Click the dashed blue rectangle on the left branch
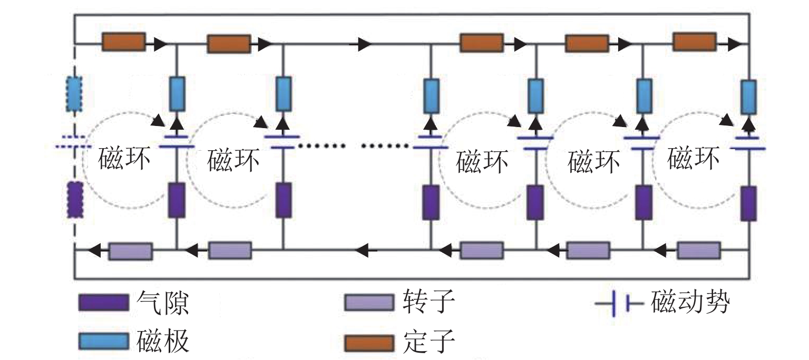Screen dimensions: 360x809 click(x=74, y=95)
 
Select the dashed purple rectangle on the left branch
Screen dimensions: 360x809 click(x=75, y=200)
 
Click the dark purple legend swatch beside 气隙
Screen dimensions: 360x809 click(x=103, y=303)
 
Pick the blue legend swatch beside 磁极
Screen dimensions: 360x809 click(x=103, y=342)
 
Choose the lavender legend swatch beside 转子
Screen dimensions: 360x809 click(x=368, y=303)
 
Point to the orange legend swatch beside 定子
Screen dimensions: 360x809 click(x=368, y=343)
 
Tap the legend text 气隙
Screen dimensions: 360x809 click(x=163, y=303)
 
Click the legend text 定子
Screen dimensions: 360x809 click(x=427, y=343)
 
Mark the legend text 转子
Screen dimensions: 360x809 click(x=427, y=303)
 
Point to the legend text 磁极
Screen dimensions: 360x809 click(x=163, y=343)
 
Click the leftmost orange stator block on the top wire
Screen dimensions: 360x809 click(x=123, y=43)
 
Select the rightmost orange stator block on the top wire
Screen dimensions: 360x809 click(x=695, y=42)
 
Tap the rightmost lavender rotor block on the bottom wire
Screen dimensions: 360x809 click(x=698, y=251)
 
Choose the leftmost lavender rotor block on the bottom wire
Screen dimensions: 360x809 click(x=131, y=251)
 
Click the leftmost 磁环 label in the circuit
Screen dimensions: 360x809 click(x=124, y=160)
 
